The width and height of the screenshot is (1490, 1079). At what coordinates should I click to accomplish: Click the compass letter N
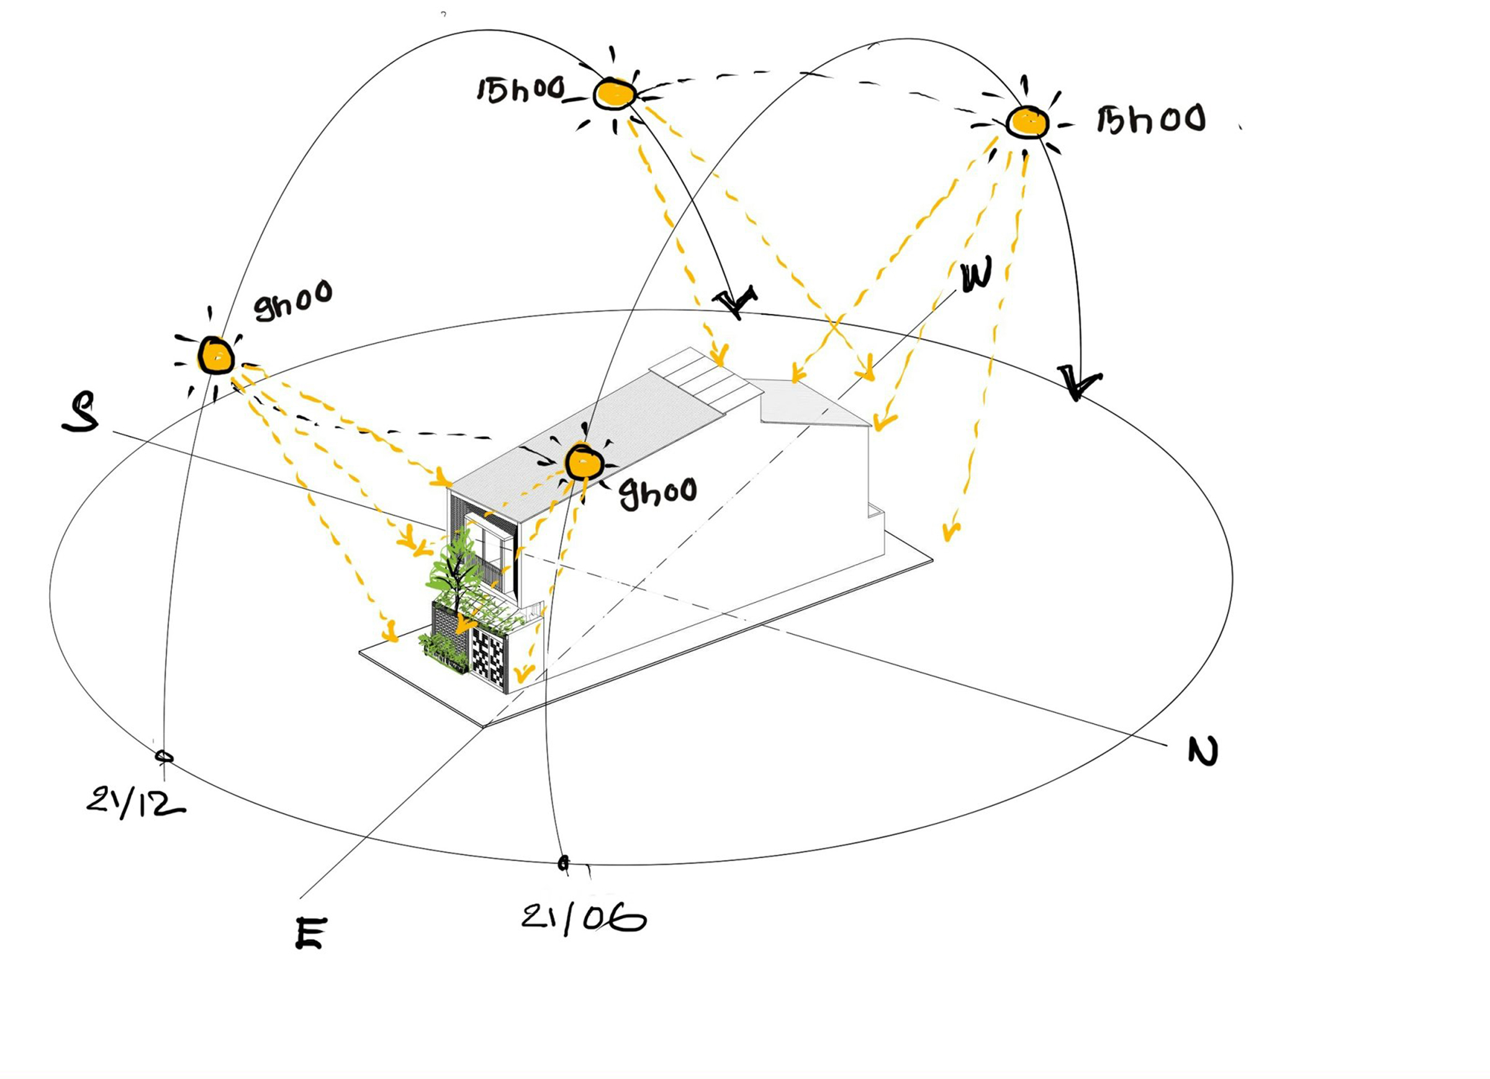[1204, 751]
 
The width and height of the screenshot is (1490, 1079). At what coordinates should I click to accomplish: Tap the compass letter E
[310, 933]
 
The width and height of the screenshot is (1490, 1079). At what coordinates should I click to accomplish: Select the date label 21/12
[135, 802]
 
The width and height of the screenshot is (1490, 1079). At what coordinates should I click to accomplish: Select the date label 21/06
[584, 918]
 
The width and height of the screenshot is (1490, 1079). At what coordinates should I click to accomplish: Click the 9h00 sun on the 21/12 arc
[215, 356]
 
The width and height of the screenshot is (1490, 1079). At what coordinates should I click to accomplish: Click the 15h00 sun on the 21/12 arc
[615, 93]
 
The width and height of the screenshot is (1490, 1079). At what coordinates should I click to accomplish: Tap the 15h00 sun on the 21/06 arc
[1028, 122]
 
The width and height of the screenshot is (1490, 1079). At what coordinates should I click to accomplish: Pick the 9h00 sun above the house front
[584, 463]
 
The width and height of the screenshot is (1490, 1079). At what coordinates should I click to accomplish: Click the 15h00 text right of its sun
[1151, 120]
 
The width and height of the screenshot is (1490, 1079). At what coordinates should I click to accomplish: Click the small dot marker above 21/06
[563, 863]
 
